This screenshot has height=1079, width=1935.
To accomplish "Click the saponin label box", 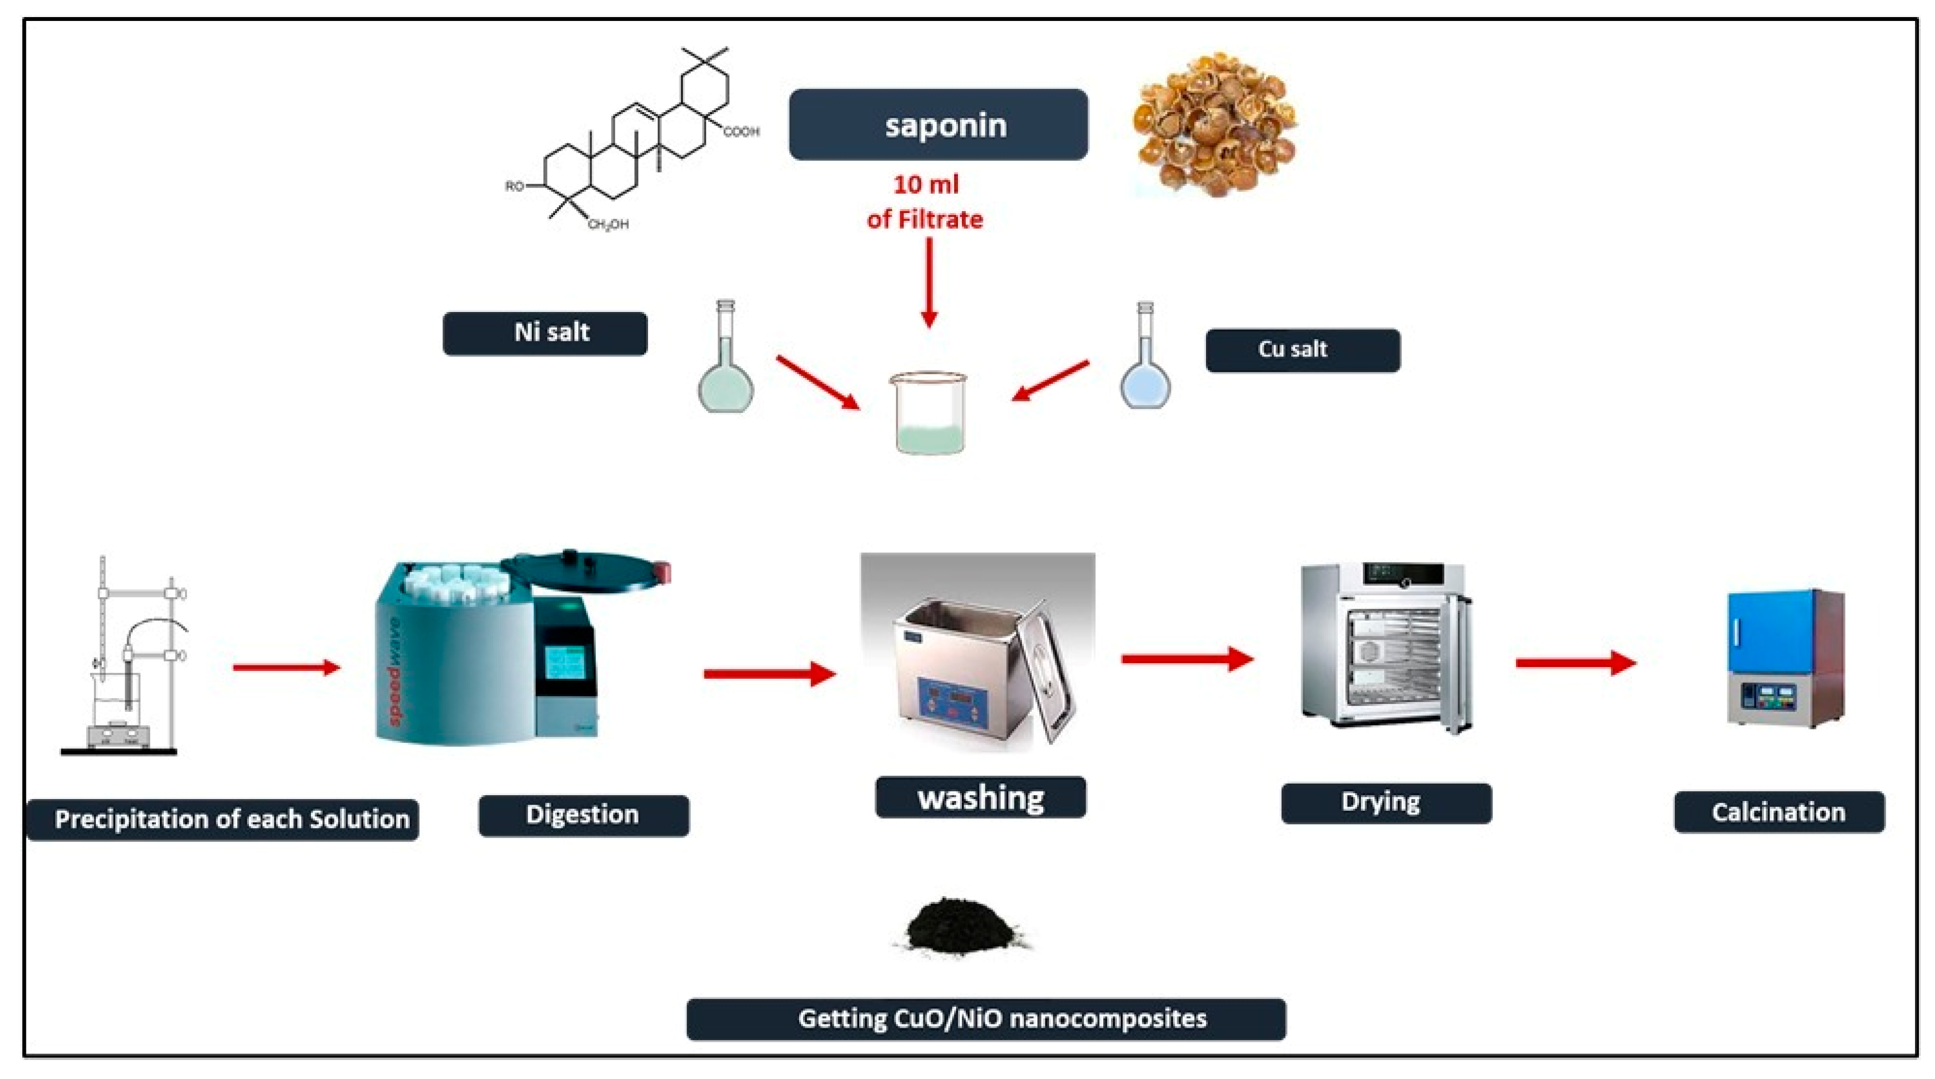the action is click(938, 125).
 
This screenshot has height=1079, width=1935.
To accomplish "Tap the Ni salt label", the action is click(545, 333).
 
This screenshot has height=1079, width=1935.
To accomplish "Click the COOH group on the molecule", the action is click(741, 132).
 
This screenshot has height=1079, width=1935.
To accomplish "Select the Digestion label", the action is click(584, 815).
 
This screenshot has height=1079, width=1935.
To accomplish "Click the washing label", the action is click(980, 797).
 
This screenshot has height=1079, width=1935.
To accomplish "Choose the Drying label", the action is click(1386, 803).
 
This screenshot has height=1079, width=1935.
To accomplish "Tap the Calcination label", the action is click(1779, 812).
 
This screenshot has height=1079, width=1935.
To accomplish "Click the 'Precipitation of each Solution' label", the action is click(223, 820).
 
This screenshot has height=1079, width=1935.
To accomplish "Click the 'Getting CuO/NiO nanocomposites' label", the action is click(986, 1019).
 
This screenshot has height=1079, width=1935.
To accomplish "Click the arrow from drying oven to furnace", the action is click(1576, 663).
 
